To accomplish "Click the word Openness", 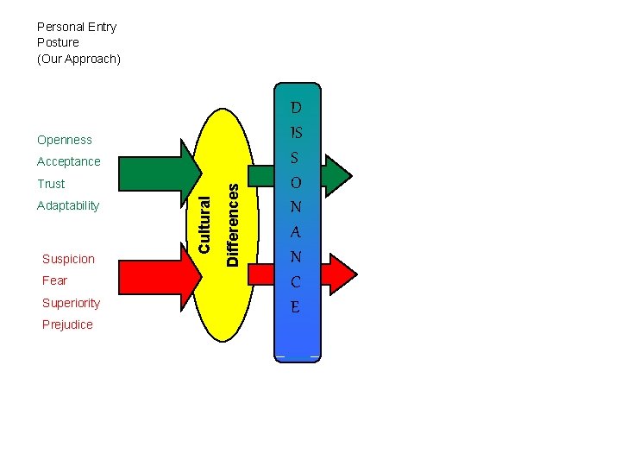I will [64, 140].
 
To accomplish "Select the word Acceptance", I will [68, 161].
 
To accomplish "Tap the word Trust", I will [51, 184].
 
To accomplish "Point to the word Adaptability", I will [68, 205].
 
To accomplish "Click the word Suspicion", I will [68, 259].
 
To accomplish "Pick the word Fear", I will [54, 280].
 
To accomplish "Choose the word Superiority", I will [71, 303].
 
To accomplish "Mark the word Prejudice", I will [67, 324].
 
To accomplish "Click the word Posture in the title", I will [58, 42].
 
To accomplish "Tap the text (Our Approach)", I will [78, 59].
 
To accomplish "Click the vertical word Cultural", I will [204, 224].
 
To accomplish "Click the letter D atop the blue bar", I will [296, 108].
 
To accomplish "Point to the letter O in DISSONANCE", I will [296, 183].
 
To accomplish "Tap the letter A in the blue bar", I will [296, 232].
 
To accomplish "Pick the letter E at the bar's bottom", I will [296, 306].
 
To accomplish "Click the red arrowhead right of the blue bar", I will [340, 274].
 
